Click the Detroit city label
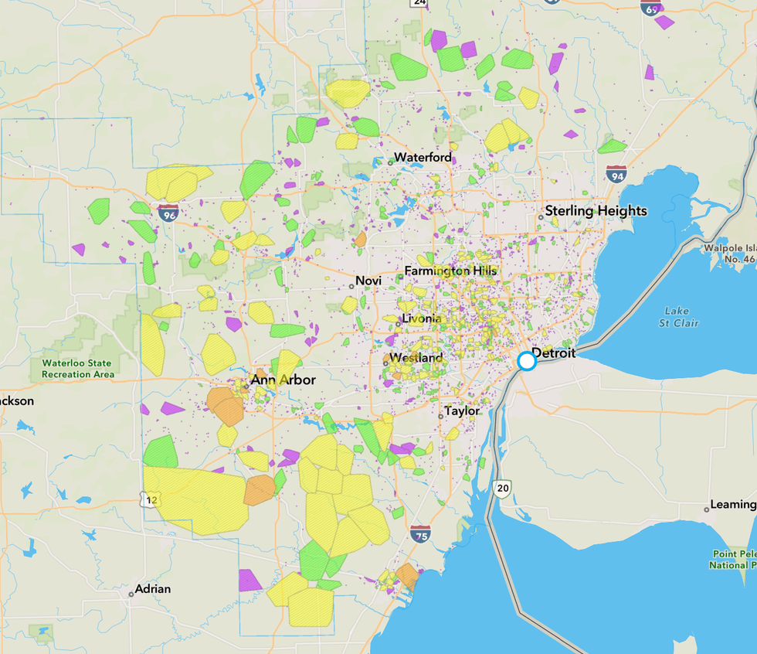[554, 353]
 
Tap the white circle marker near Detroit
[527, 361]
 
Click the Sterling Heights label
[596, 211]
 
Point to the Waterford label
[423, 158]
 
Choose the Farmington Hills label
[450, 271]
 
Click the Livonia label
[421, 319]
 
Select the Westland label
[416, 358]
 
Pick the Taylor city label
[462, 411]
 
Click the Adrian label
[152, 589]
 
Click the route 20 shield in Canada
[503, 488]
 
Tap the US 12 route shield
[151, 500]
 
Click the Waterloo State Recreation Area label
[76, 369]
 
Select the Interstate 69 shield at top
[650, 8]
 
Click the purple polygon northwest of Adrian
[250, 581]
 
